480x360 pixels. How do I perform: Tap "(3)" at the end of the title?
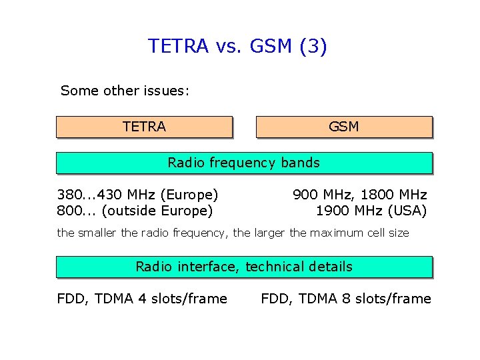click(x=313, y=46)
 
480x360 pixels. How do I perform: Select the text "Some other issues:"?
click(x=125, y=91)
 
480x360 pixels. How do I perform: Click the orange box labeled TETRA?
click(x=144, y=127)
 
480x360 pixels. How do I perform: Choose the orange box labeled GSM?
click(x=344, y=127)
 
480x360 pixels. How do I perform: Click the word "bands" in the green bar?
click(x=301, y=163)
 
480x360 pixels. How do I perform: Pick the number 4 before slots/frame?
click(x=142, y=299)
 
